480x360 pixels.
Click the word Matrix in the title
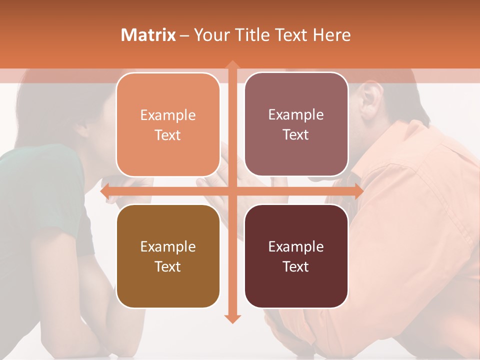coord(148,35)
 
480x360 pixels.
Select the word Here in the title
coord(331,35)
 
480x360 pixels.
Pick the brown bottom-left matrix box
coord(168,290)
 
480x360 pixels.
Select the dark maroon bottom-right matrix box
coord(296,290)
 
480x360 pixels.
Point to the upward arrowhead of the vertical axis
coord(232,65)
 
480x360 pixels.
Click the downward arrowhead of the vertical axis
coord(232,318)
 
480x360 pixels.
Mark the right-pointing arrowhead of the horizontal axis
coord(358,191)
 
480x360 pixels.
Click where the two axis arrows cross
coord(232,191)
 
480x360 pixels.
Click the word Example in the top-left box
coord(168,115)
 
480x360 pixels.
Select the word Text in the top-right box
coord(296,135)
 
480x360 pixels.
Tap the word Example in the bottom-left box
coord(168,246)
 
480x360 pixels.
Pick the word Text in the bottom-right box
coord(296,266)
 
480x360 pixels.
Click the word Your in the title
coord(210,35)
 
